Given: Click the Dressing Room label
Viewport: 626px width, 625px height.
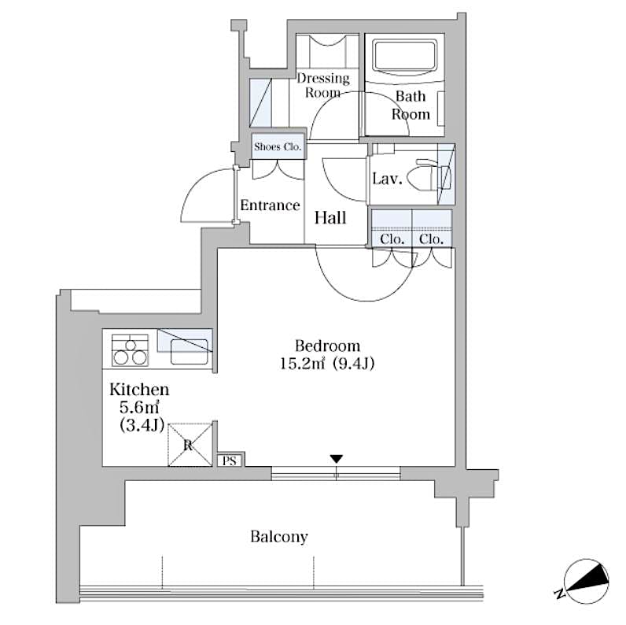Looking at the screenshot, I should coord(322,85).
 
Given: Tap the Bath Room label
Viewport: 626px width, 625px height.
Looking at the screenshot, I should coord(411,105).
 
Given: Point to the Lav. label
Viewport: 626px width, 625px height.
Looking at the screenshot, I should coord(387,179).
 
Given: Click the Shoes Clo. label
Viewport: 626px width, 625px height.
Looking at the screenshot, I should coord(278,146).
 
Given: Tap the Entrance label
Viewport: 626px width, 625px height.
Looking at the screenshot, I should coord(270,205).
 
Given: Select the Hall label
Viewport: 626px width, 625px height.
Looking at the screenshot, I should coord(330,218).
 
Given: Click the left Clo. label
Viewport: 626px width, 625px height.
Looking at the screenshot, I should coord(392,239).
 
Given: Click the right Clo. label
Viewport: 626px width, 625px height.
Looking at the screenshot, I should coord(431,239).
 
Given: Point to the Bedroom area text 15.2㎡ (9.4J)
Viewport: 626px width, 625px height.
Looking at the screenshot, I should coord(327,364).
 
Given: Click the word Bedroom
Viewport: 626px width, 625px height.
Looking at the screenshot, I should coord(327,346).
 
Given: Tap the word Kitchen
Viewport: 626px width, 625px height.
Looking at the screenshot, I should coord(139,389).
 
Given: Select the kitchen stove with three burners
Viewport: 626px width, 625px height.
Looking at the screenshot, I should coord(130,350).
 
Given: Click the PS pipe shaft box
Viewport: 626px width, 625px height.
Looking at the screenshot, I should coord(230,460).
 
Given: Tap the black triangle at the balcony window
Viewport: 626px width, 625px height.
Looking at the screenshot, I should coord(337,459).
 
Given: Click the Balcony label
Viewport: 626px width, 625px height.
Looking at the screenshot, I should coord(279,537).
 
